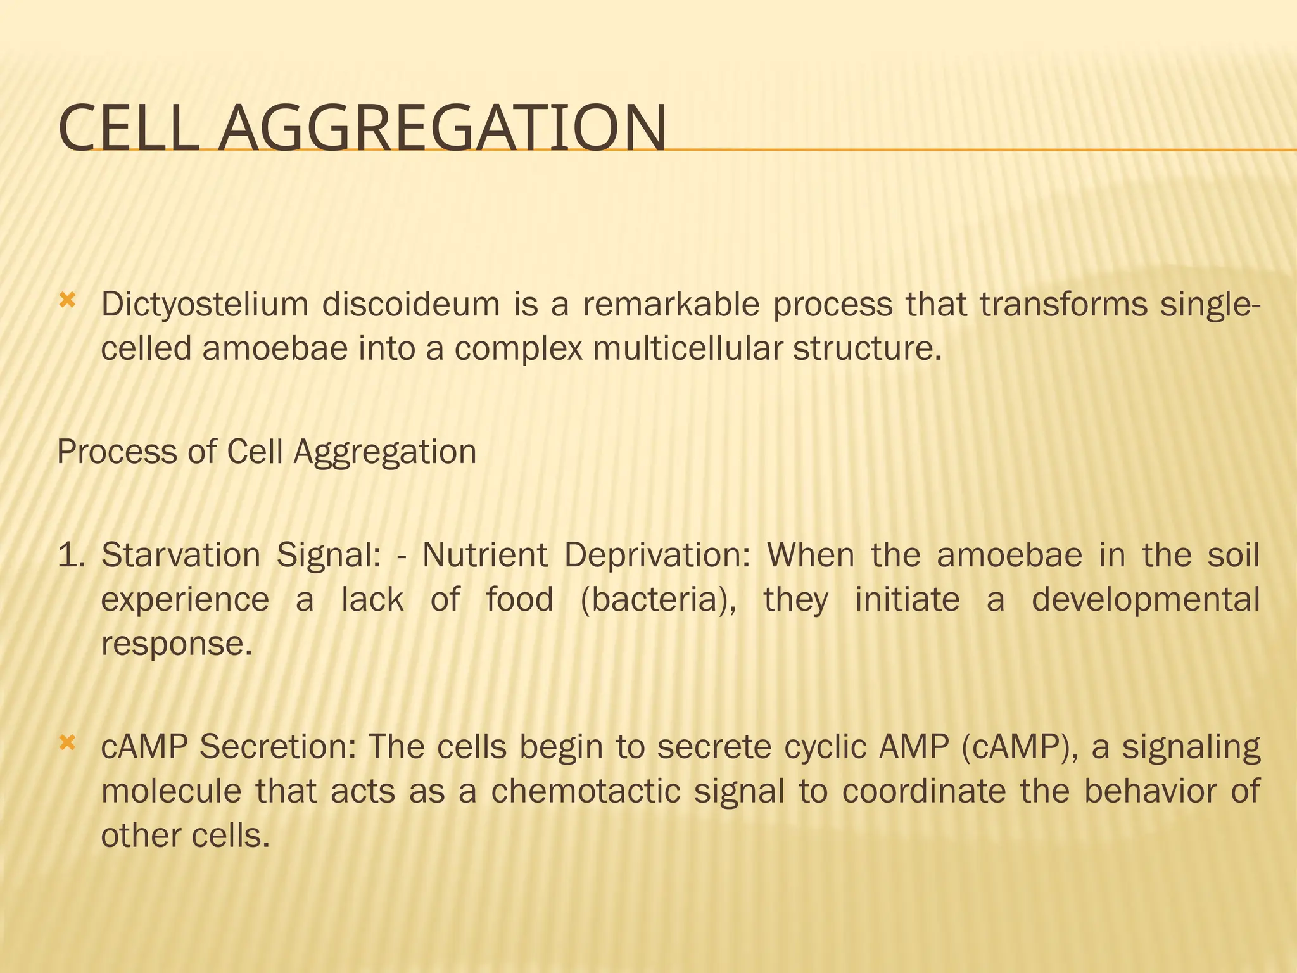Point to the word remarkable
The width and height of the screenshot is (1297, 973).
pyautogui.click(x=671, y=305)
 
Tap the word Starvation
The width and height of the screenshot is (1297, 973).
pyautogui.click(x=181, y=556)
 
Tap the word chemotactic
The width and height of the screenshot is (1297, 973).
pyautogui.click(x=585, y=792)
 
